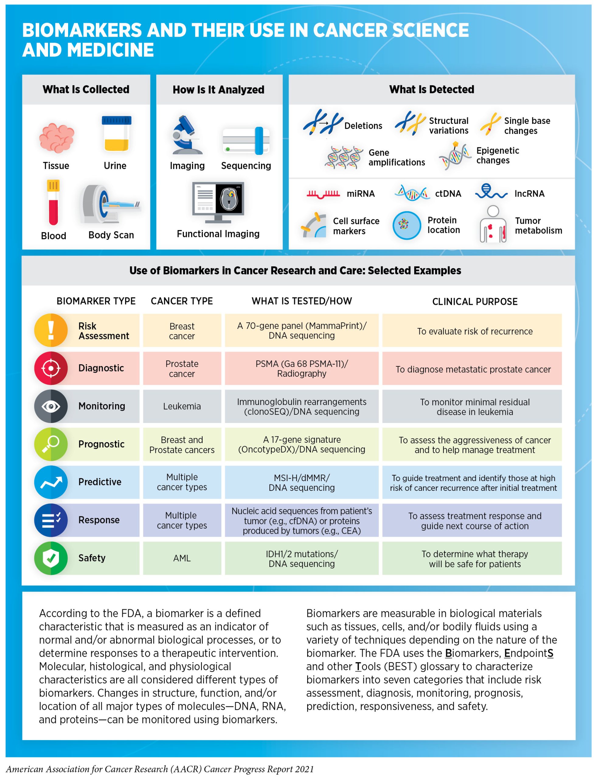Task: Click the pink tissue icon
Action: tap(57, 138)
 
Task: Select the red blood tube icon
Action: tap(53, 202)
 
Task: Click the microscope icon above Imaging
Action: tap(186, 135)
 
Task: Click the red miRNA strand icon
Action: tap(323, 194)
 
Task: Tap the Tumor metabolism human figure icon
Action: tap(492, 224)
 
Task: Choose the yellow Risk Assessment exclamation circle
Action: tap(51, 330)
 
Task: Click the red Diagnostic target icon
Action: tap(51, 368)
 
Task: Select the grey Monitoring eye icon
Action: tap(51, 406)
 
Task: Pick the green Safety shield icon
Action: tap(51, 558)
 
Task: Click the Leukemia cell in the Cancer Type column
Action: tap(182, 406)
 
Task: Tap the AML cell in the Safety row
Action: tap(182, 558)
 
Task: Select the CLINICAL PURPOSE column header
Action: tap(475, 302)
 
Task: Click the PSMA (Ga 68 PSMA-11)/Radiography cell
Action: tap(302, 368)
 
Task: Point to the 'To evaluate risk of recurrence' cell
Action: tap(475, 331)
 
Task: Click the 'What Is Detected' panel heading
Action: tap(432, 89)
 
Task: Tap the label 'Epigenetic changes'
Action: tap(498, 155)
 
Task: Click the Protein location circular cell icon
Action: tap(407, 225)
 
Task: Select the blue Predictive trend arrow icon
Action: tap(51, 482)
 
